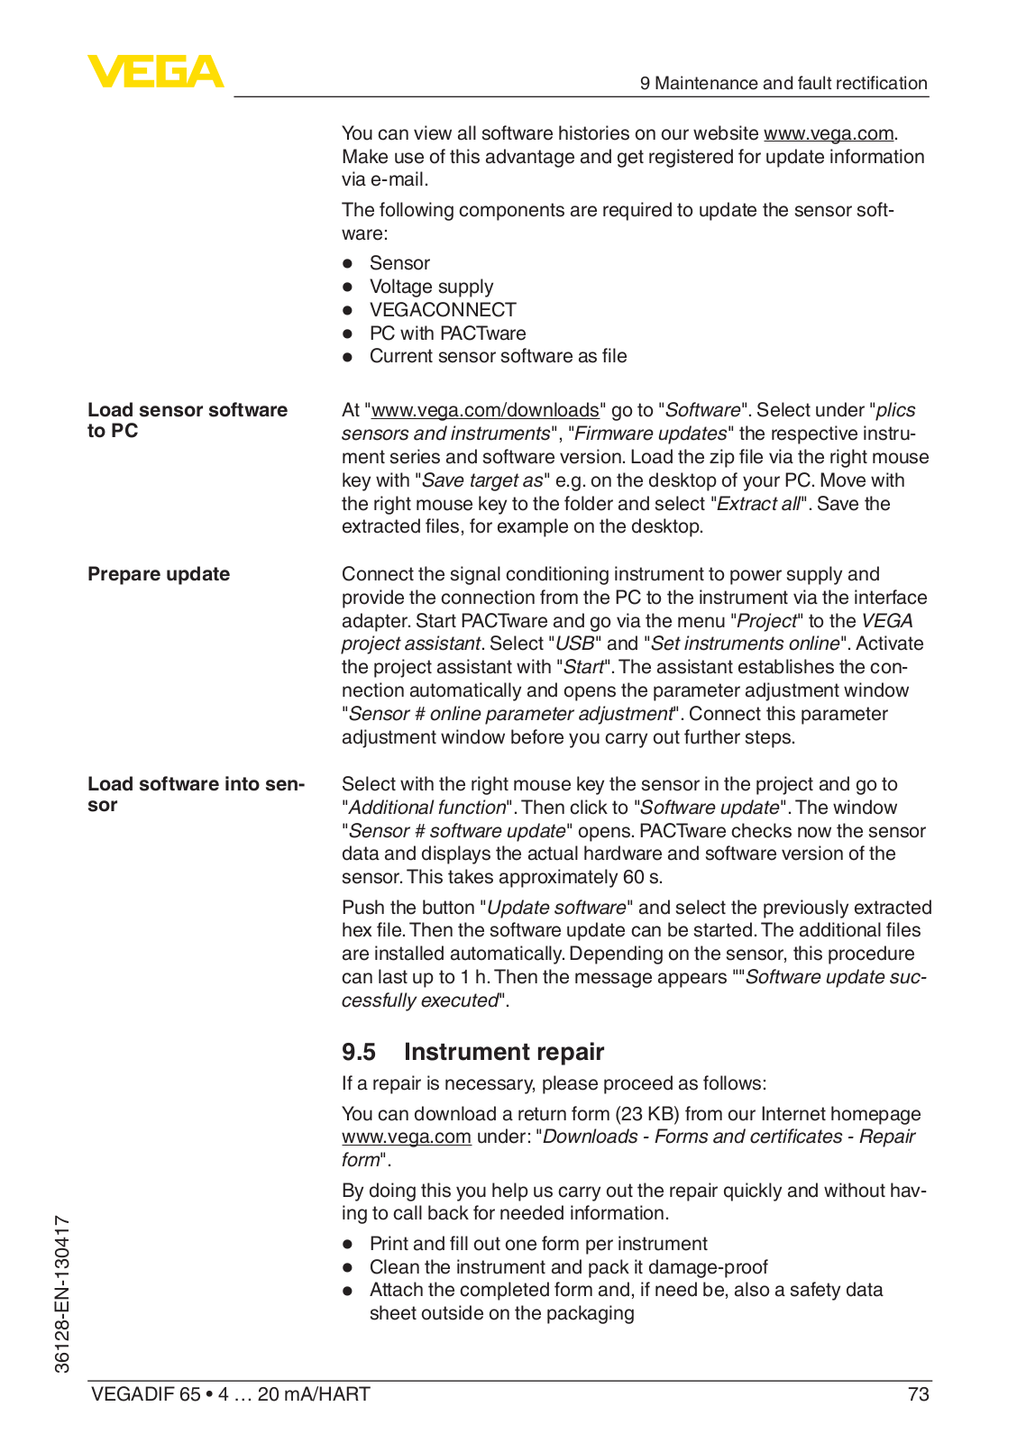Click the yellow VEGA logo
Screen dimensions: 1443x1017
(155, 71)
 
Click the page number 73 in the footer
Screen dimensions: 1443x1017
(918, 1394)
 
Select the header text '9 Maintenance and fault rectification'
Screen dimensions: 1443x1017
(783, 83)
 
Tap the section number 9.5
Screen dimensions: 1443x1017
(358, 1052)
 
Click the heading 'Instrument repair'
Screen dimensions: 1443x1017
(503, 1052)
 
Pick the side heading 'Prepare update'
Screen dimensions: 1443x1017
(159, 574)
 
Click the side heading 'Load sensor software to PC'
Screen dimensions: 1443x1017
(187, 420)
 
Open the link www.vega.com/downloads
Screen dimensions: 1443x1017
(485, 410)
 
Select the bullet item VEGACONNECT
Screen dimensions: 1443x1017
(442, 310)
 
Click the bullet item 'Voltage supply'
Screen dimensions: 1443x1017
(431, 287)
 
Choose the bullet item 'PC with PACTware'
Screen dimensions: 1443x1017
(447, 333)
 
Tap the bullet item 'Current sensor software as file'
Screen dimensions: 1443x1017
(498, 356)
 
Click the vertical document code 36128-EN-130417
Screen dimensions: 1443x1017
(62, 1293)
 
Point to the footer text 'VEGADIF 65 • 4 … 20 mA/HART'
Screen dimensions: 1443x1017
(230, 1394)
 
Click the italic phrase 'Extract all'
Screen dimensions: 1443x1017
(757, 504)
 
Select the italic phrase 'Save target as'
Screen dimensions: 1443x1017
(482, 480)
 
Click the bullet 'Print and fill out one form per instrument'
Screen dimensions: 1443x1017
(537, 1244)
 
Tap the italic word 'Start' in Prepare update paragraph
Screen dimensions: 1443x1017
(583, 667)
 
